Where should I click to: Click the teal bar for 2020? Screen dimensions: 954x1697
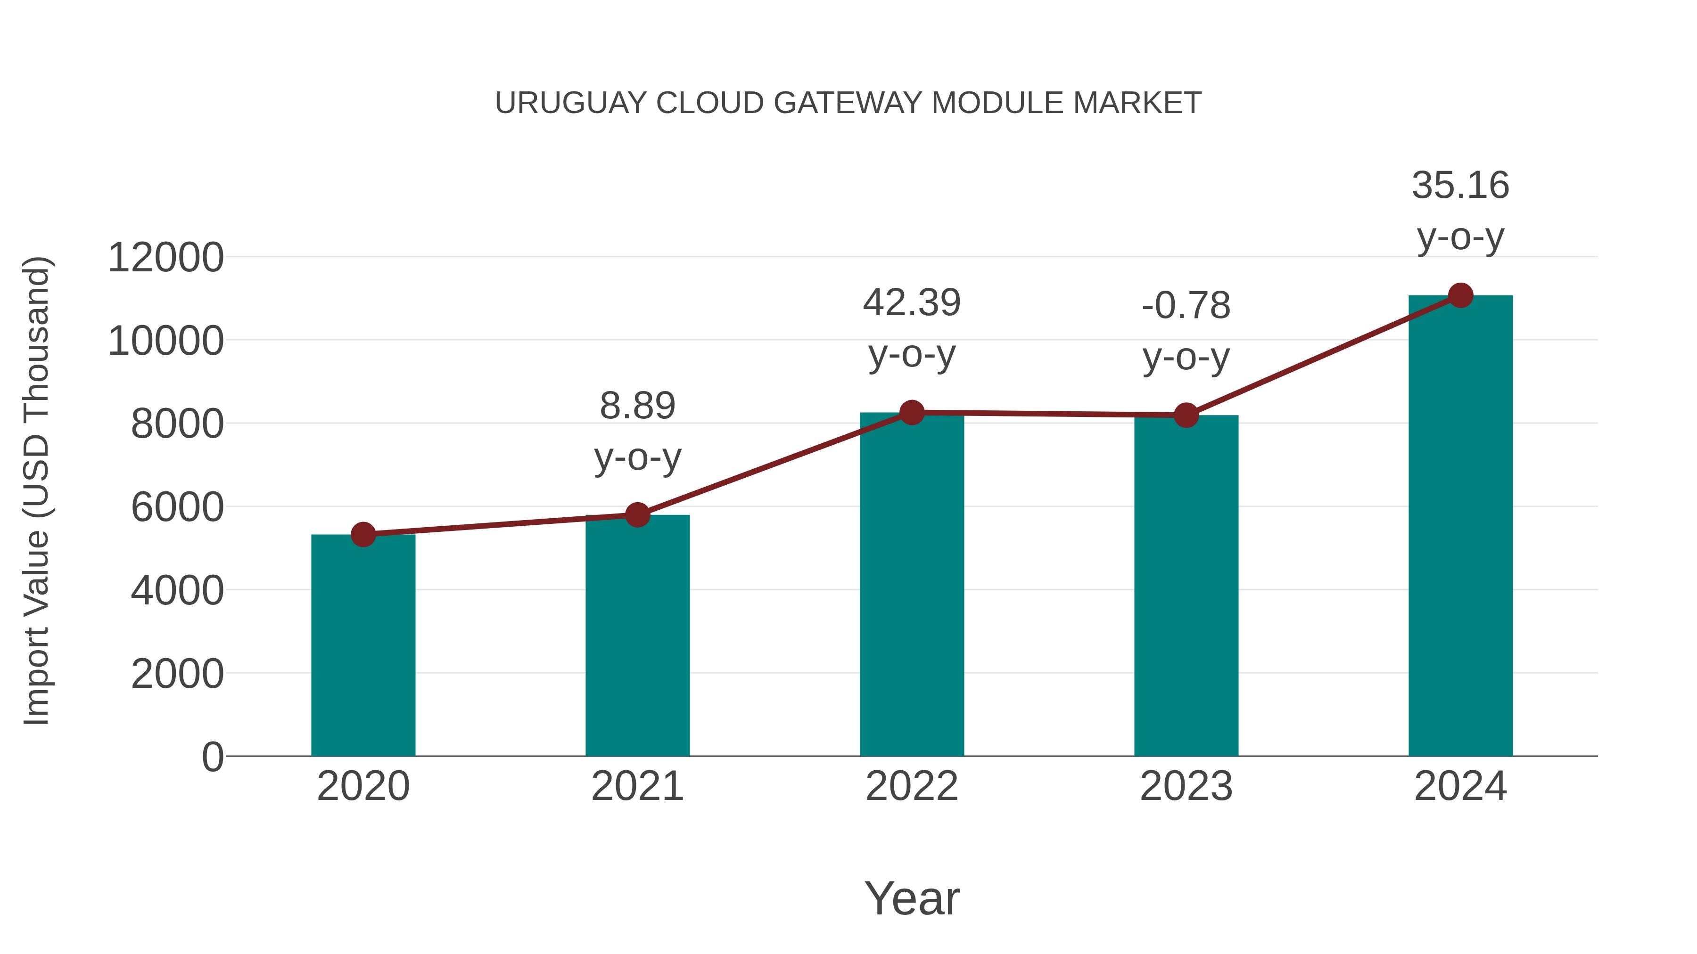[363, 645]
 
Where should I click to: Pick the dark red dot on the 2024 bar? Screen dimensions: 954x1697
[1460, 295]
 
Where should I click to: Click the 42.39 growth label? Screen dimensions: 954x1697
[912, 303]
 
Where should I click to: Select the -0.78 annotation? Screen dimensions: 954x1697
[1186, 305]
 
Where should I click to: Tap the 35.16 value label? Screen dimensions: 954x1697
[1460, 185]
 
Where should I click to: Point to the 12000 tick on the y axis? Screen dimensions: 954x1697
[165, 257]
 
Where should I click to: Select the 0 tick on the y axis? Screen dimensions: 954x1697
[212, 757]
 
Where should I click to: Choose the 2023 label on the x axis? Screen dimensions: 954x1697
[1186, 786]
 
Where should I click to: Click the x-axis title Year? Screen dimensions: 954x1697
[912, 898]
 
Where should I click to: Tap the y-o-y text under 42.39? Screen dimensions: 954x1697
[912, 356]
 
